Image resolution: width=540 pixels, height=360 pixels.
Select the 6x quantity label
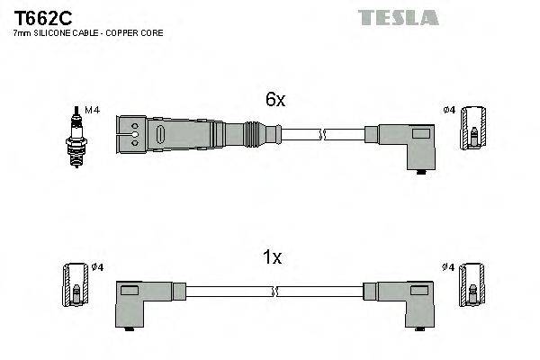point(274,101)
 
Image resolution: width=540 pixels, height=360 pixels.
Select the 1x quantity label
point(271,258)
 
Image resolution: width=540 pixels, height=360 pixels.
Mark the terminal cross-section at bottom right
point(472,287)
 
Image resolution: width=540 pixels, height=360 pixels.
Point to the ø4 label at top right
point(448,110)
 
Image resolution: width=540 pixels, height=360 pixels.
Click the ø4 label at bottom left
point(98,267)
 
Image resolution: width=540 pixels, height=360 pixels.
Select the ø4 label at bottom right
point(447,267)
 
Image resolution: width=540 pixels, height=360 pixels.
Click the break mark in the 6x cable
point(321,135)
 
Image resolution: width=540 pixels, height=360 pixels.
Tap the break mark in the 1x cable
point(274,292)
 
